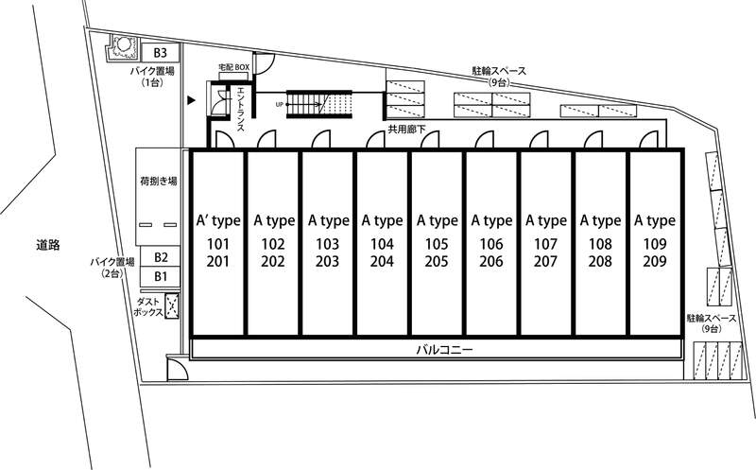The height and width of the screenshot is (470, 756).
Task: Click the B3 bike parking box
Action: (161, 52)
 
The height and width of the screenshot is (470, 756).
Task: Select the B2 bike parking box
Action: (161, 257)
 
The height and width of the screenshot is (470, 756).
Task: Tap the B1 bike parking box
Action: (161, 276)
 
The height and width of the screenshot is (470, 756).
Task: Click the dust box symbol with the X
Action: (172, 306)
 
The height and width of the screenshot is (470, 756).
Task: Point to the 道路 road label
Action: (48, 245)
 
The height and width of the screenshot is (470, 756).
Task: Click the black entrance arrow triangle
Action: (192, 100)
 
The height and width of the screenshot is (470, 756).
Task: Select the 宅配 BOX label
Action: (234, 67)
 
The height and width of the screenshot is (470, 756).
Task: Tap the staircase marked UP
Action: (318, 104)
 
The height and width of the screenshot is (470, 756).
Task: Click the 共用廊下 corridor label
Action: (406, 130)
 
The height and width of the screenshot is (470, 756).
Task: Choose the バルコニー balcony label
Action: (444, 349)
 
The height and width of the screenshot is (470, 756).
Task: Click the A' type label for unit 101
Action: (218, 221)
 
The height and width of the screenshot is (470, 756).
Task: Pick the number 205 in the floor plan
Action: (437, 262)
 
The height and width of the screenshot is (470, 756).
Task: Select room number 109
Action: (655, 244)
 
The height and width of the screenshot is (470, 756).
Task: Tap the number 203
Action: (327, 262)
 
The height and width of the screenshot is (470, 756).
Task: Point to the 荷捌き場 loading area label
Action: (158, 182)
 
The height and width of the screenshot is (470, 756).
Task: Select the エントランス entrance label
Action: (240, 109)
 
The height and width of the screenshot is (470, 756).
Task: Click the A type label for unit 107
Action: (546, 221)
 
